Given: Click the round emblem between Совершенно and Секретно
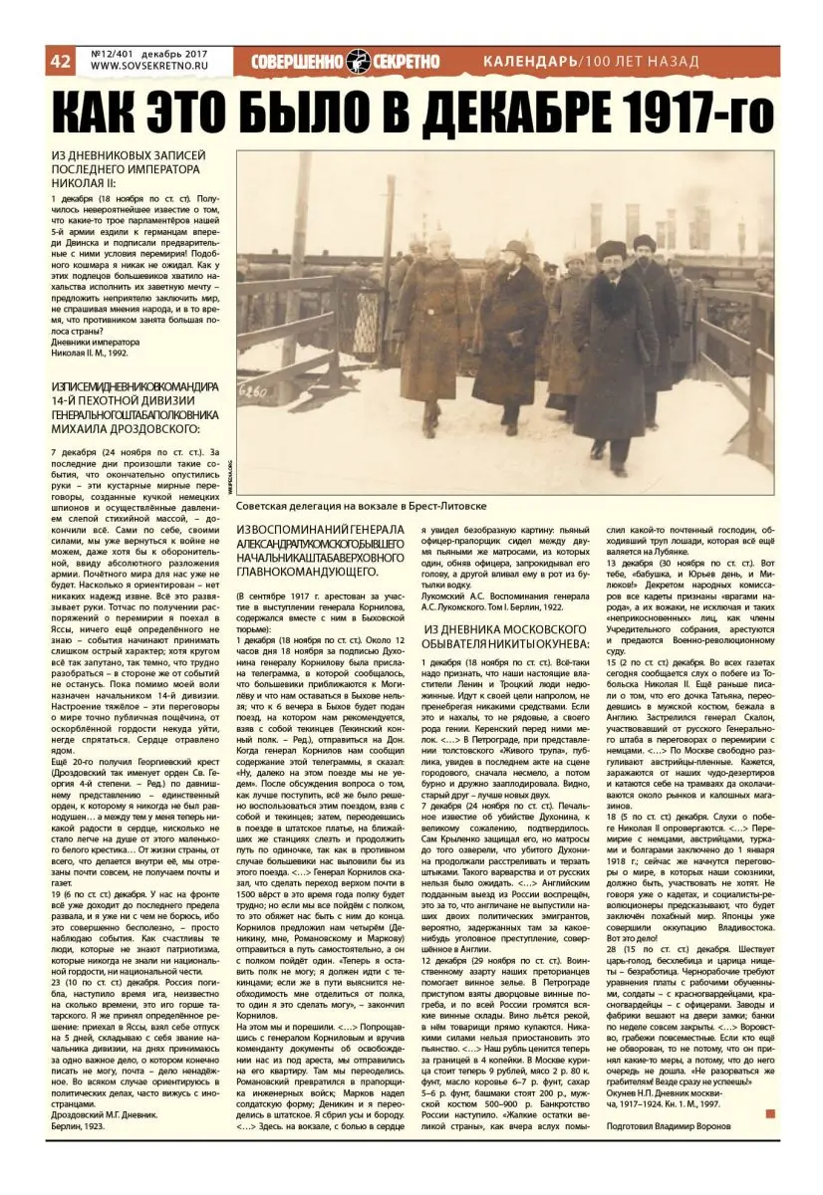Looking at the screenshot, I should point(359,62).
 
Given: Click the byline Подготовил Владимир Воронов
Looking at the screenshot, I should point(669,1125).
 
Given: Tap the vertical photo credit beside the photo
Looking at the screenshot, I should point(229,469).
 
